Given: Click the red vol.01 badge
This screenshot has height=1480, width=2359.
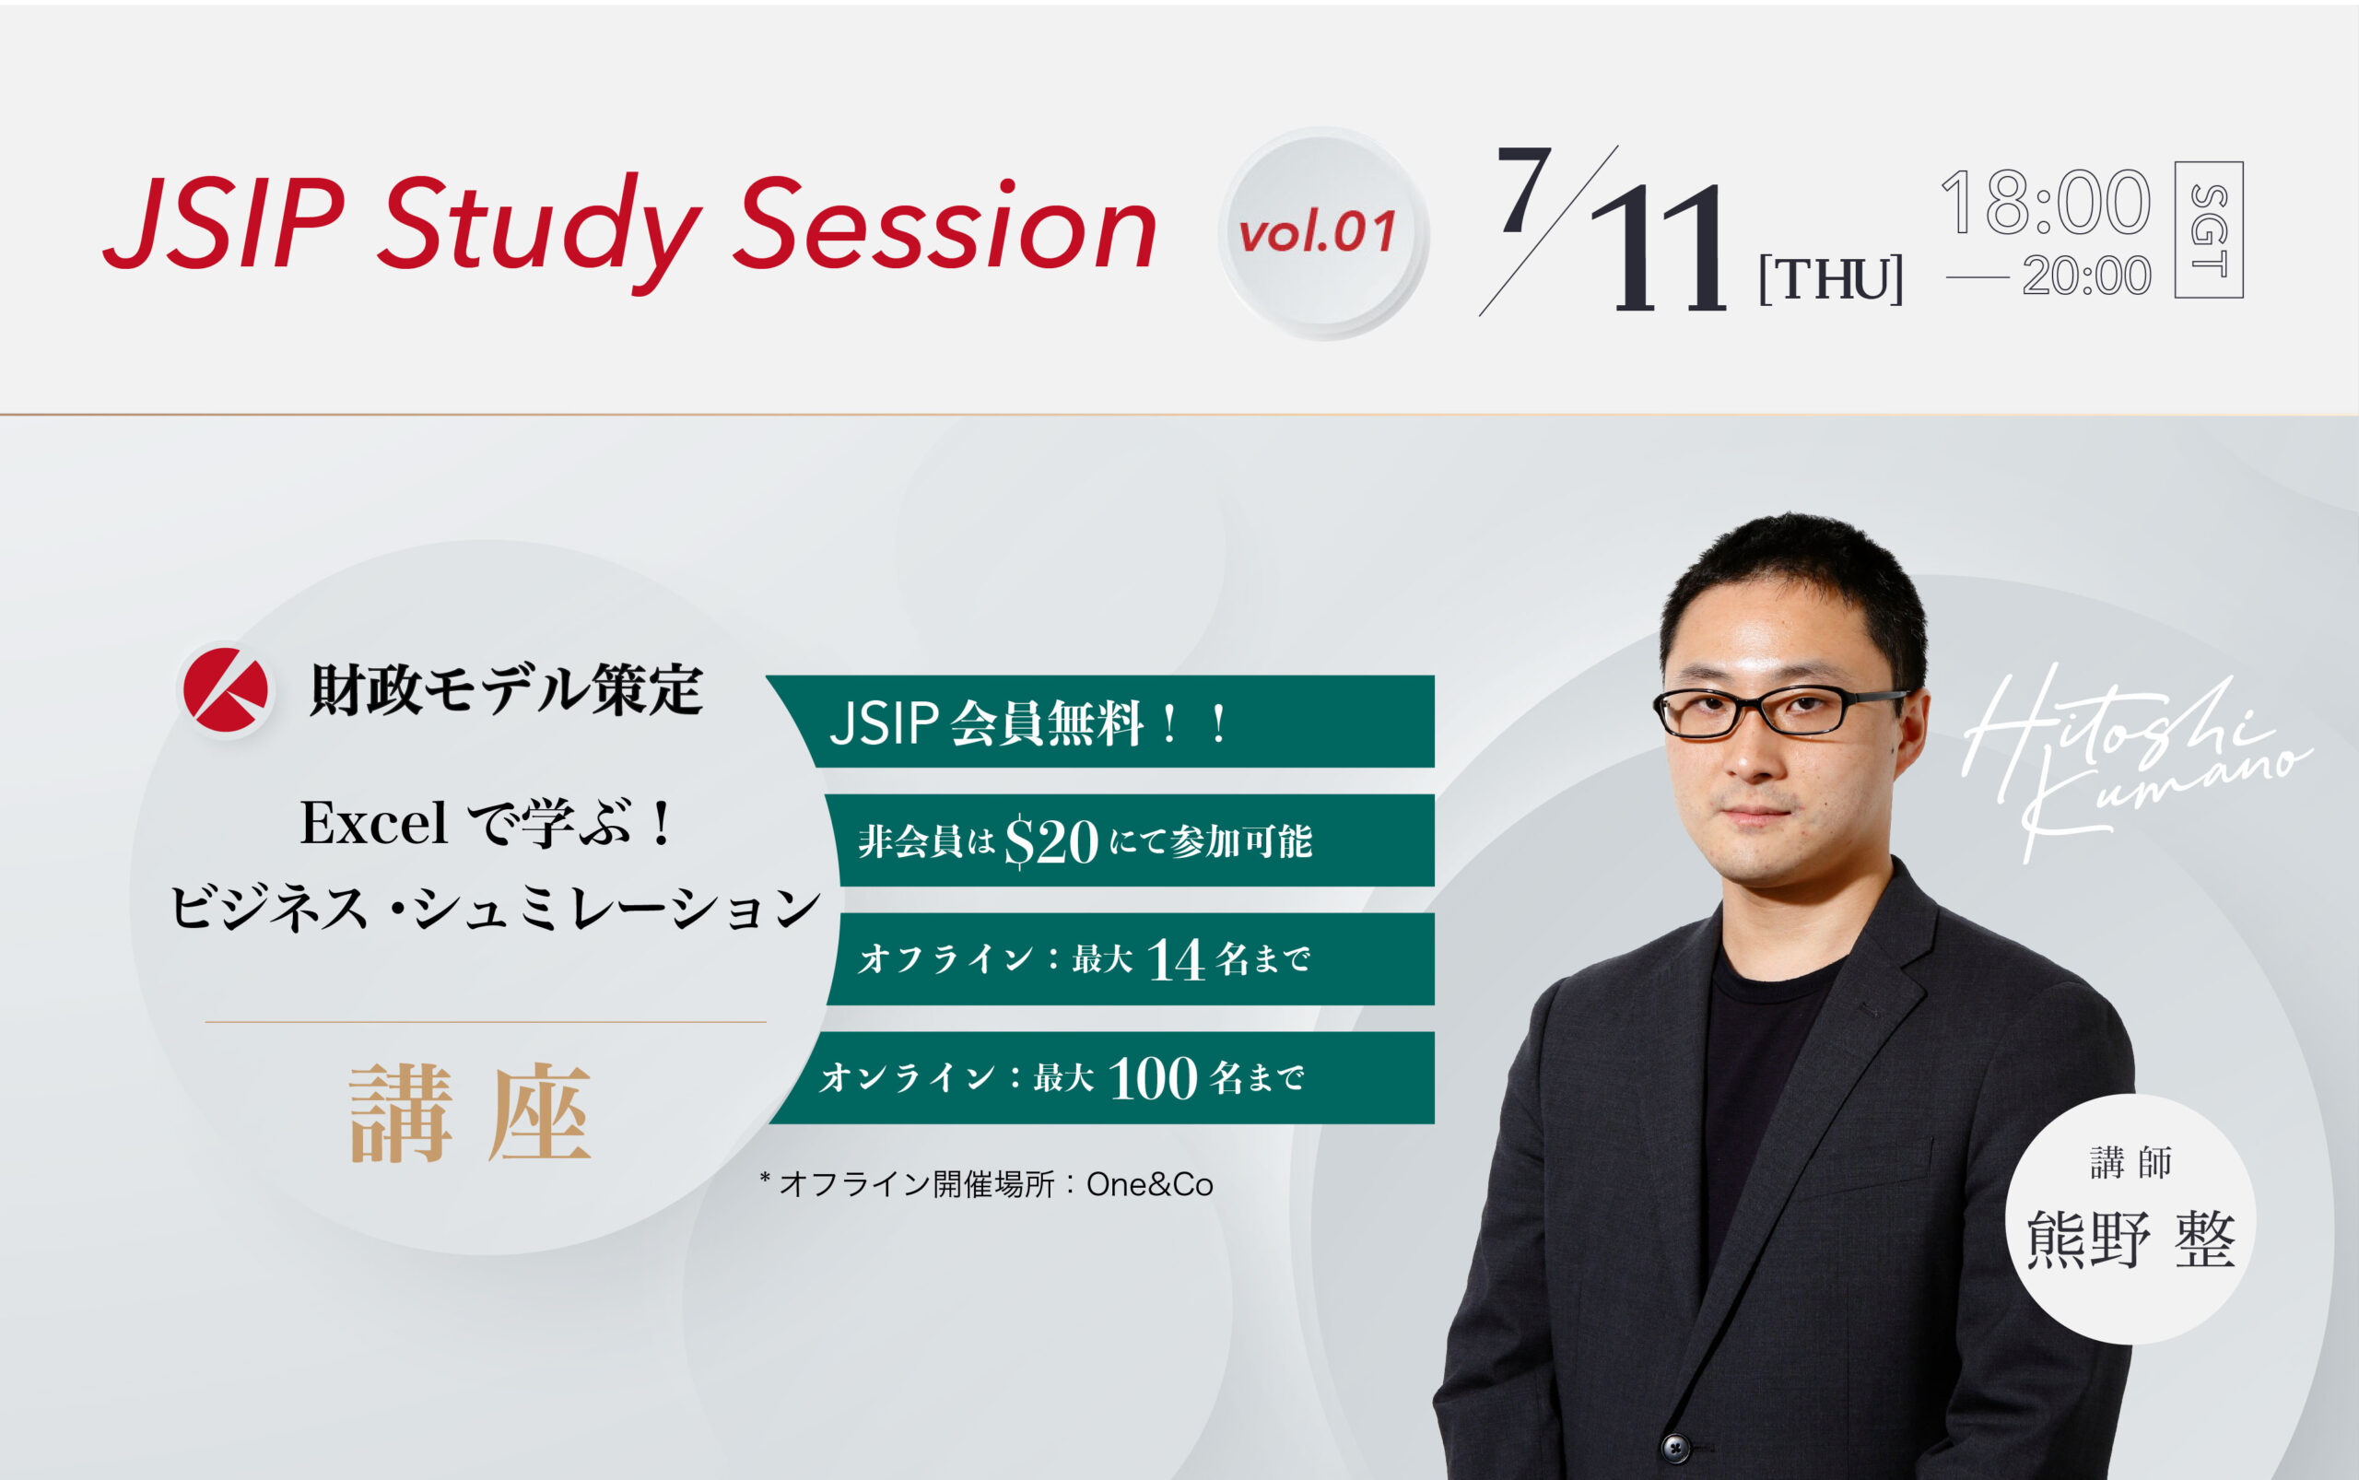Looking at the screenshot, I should (x=1318, y=233).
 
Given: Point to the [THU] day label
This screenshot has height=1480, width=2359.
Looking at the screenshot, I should (x=1830, y=280).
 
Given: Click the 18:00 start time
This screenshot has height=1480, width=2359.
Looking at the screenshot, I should (x=2045, y=203).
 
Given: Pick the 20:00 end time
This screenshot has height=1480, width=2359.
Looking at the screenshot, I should (x=2086, y=276).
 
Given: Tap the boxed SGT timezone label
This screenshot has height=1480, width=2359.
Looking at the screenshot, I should (x=2209, y=230).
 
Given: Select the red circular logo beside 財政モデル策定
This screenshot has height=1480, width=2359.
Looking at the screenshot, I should (x=226, y=689).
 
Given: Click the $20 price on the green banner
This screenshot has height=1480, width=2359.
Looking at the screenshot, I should (x=1051, y=841).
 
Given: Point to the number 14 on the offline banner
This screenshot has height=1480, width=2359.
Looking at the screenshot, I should (x=1175, y=960).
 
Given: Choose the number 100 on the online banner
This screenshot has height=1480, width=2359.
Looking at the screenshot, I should (x=1152, y=1079).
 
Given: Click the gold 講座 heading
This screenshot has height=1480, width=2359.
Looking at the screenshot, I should (x=470, y=1114).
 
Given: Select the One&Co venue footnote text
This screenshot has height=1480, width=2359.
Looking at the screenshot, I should (x=1149, y=1185).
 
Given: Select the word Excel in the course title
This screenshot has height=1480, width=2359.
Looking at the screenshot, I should (x=373, y=823).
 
